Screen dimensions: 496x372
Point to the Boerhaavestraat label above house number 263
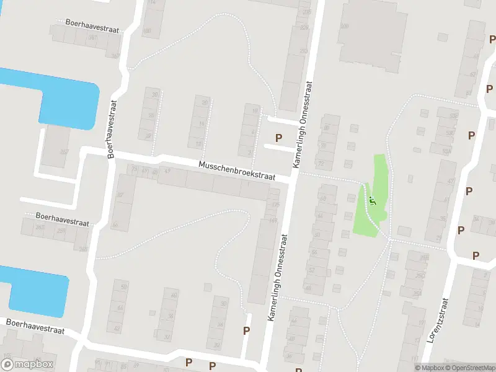[62, 219]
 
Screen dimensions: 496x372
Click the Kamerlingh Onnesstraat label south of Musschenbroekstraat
[278, 277]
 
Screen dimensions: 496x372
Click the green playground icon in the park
[373, 200]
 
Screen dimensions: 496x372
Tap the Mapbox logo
[28, 365]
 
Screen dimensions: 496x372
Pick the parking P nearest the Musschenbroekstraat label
[278, 138]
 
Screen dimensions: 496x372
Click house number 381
[93, 38]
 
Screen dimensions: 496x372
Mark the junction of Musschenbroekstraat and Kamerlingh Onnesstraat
[294, 179]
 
